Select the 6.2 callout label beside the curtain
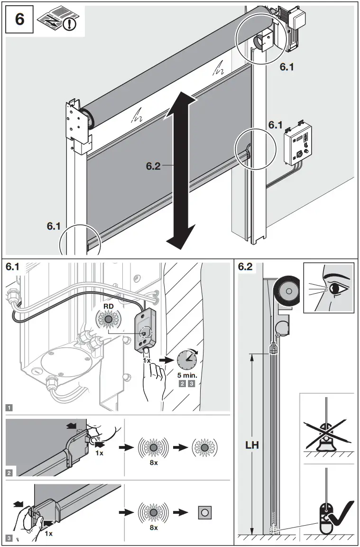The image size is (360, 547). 154,166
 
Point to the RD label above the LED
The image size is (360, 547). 109,307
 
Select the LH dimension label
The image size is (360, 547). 251,446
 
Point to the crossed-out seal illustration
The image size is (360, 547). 327,435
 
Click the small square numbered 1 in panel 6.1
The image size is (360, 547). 9,407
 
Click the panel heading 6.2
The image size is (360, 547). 245,267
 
